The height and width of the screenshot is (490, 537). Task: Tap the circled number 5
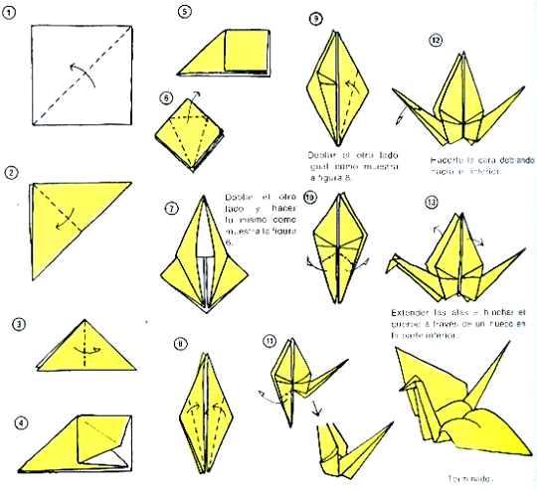click(185, 12)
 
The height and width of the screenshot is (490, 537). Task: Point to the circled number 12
click(436, 41)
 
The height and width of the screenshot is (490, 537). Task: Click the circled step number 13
click(430, 203)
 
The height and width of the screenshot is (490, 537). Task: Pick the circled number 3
click(20, 325)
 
